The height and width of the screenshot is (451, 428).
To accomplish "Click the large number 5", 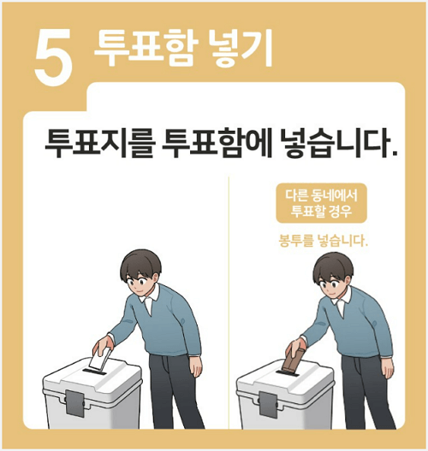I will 53,58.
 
